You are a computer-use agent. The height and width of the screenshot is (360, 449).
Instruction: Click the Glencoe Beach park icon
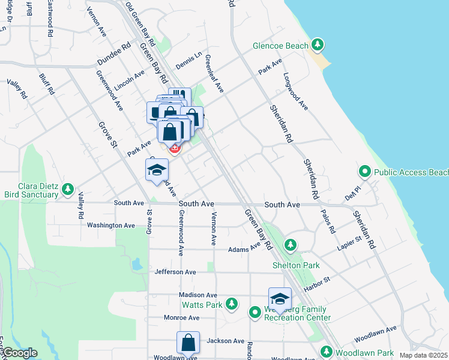click(x=318, y=45)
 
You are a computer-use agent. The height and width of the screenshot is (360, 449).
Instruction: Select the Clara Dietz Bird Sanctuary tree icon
click(x=68, y=190)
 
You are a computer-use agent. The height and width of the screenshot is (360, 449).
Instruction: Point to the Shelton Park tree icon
click(x=291, y=245)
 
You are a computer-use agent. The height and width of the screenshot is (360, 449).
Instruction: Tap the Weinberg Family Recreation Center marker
click(x=255, y=312)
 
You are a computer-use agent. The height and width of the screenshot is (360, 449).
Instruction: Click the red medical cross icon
click(x=175, y=148)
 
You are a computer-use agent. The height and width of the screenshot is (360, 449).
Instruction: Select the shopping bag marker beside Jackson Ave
click(x=188, y=343)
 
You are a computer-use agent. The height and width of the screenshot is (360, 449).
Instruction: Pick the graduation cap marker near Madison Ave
click(x=280, y=299)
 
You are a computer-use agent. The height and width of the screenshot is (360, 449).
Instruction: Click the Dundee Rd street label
click(x=114, y=55)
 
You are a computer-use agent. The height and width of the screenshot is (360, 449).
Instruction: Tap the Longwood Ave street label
click(x=296, y=91)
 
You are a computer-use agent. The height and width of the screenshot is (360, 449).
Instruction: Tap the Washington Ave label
click(x=111, y=225)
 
